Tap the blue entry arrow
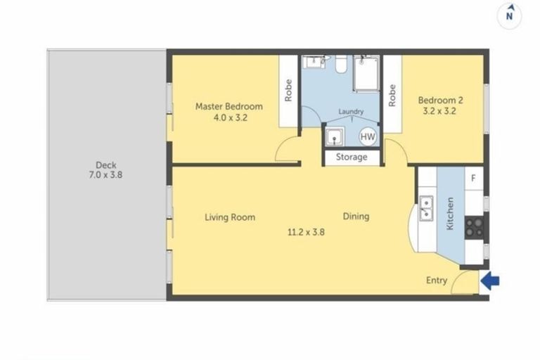(x=491, y=281)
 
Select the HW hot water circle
(x=368, y=136)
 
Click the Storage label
(x=351, y=157)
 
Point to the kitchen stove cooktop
(x=475, y=225)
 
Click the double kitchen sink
(x=426, y=209)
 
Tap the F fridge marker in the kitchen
(x=474, y=178)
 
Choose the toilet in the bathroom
(x=338, y=65)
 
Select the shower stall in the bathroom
(x=366, y=75)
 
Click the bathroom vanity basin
(x=312, y=63)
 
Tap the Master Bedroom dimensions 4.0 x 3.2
(x=230, y=118)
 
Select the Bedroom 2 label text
(x=440, y=100)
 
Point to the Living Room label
(x=230, y=217)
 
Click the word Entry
(x=437, y=281)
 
